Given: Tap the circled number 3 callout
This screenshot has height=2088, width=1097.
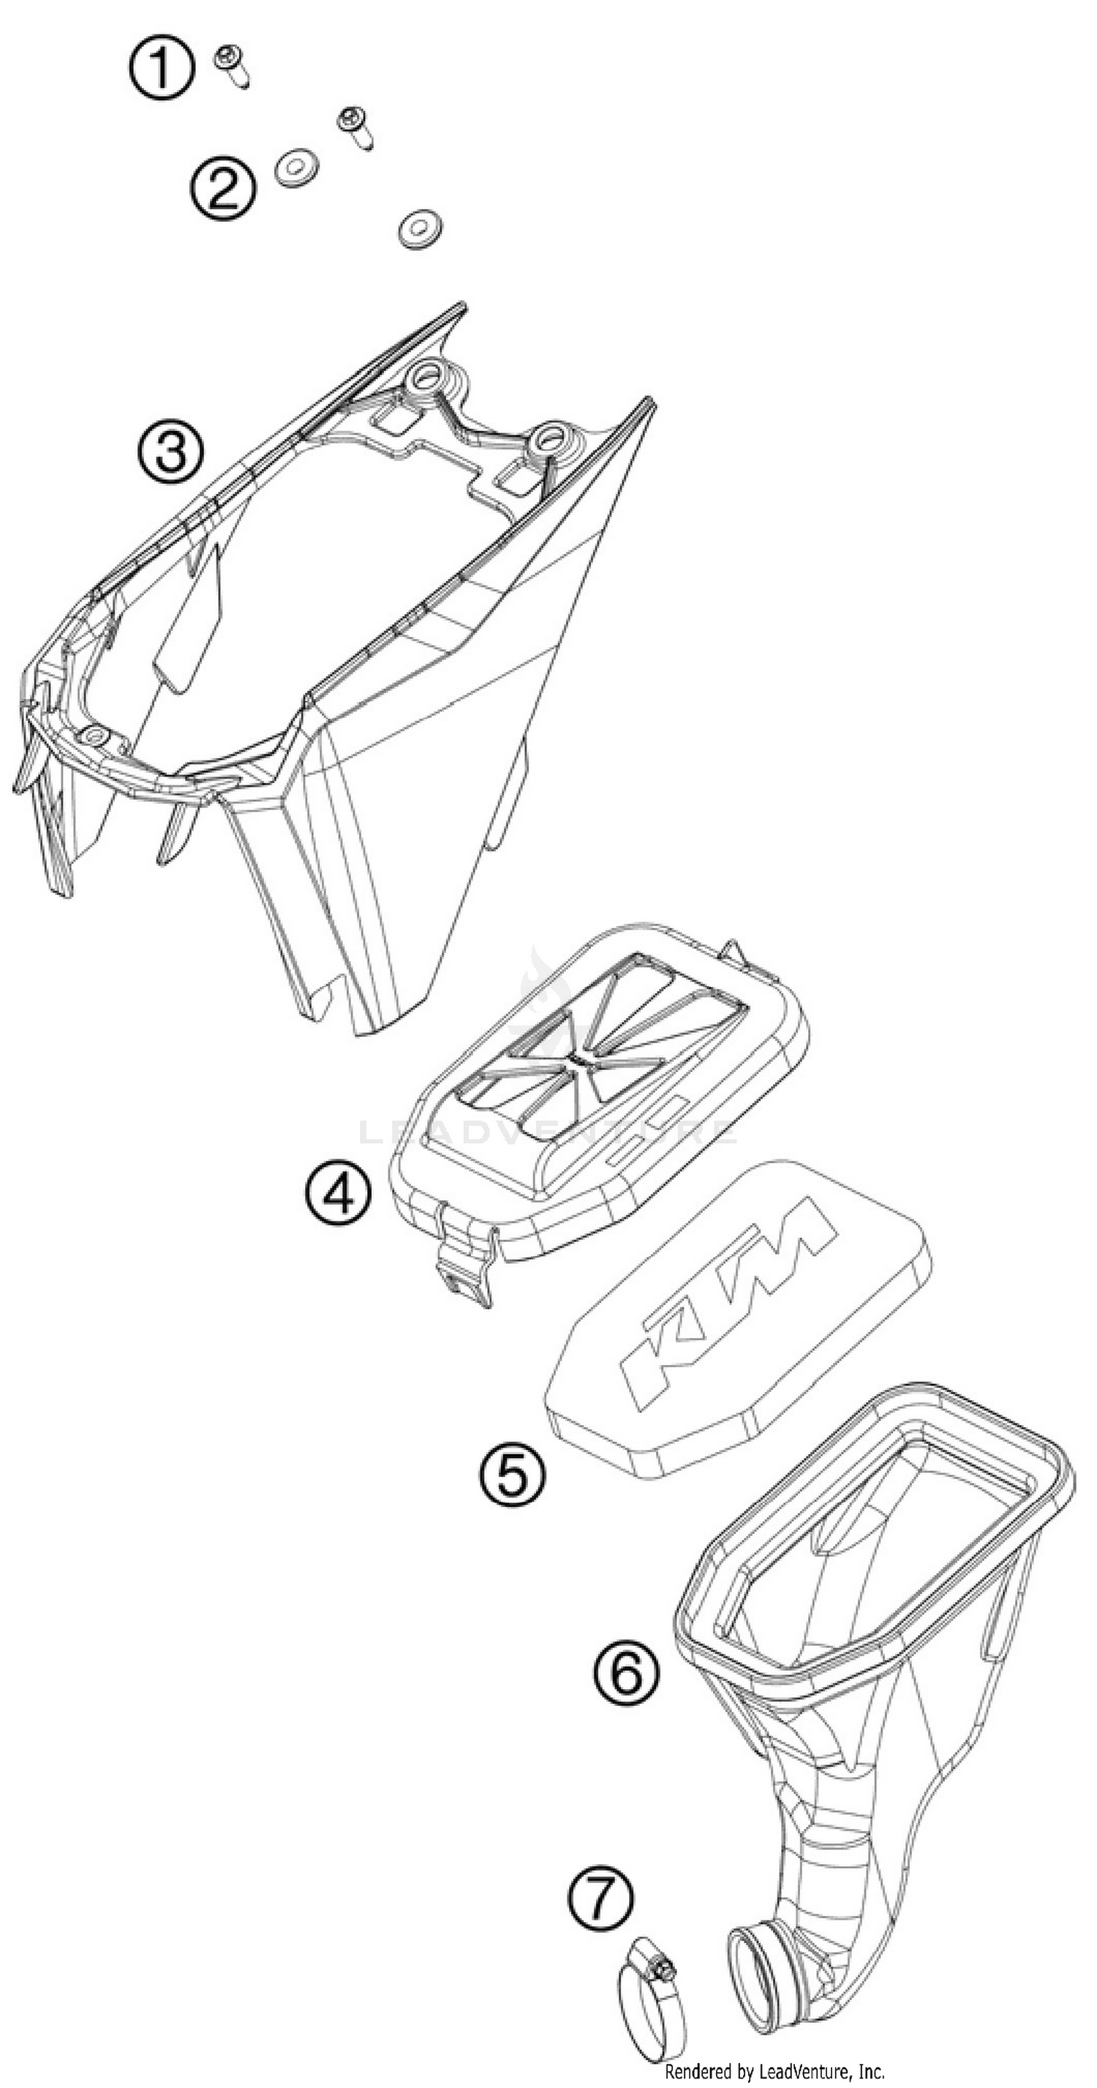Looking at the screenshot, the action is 170,451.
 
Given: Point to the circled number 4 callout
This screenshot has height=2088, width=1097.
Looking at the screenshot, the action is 339,1194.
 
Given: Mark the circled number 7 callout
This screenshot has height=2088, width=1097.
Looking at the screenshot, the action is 600,1898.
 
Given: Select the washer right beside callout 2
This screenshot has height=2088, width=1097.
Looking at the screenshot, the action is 296,167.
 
